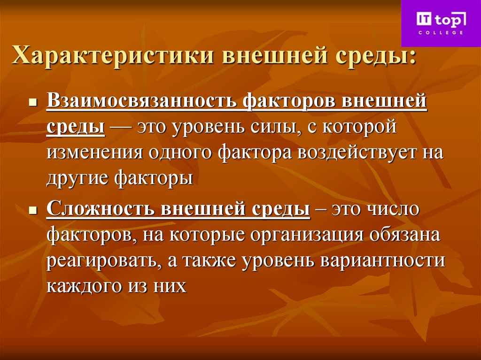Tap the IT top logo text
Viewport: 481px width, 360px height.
pyautogui.click(x=441, y=20)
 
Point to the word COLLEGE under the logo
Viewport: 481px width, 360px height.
pyautogui.click(x=441, y=32)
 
